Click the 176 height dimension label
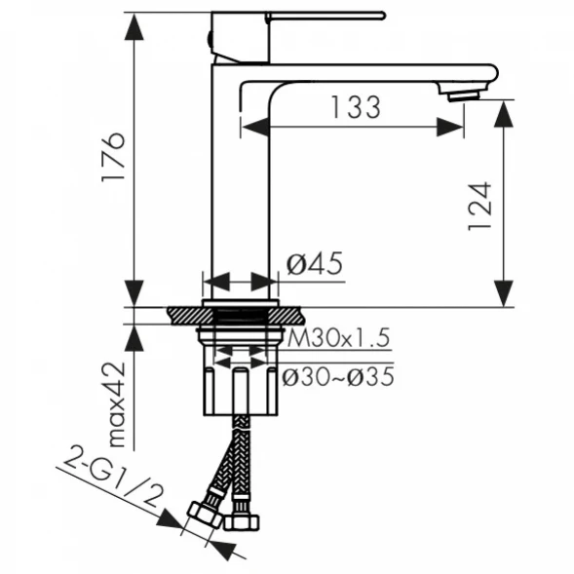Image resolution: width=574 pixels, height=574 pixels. [113, 157]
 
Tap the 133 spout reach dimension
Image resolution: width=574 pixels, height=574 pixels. [356, 107]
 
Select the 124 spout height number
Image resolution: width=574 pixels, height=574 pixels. [479, 206]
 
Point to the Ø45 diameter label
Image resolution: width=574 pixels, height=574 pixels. [315, 263]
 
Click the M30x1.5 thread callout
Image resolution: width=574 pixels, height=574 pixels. [338, 337]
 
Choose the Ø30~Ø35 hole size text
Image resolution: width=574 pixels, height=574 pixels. [338, 377]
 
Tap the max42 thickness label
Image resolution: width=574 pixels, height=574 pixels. [118, 404]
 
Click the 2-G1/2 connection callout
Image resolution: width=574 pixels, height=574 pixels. [113, 476]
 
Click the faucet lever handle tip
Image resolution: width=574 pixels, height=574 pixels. [383, 16]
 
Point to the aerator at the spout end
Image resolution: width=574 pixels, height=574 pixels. [464, 96]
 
